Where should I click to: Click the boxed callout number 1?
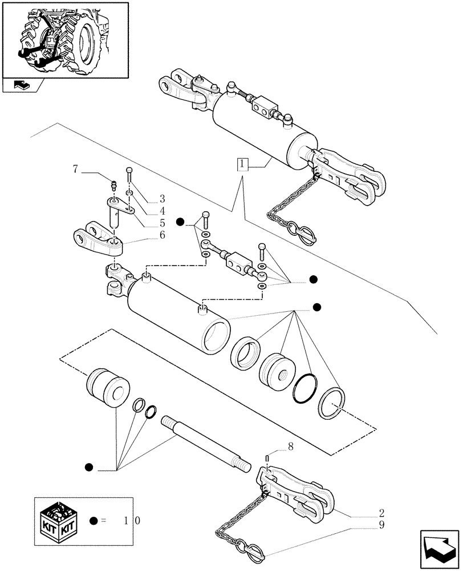pyautogui.click(x=243, y=165)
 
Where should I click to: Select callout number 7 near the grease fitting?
pyautogui.click(x=76, y=168)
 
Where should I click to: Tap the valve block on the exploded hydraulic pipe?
pyautogui.click(x=235, y=261)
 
